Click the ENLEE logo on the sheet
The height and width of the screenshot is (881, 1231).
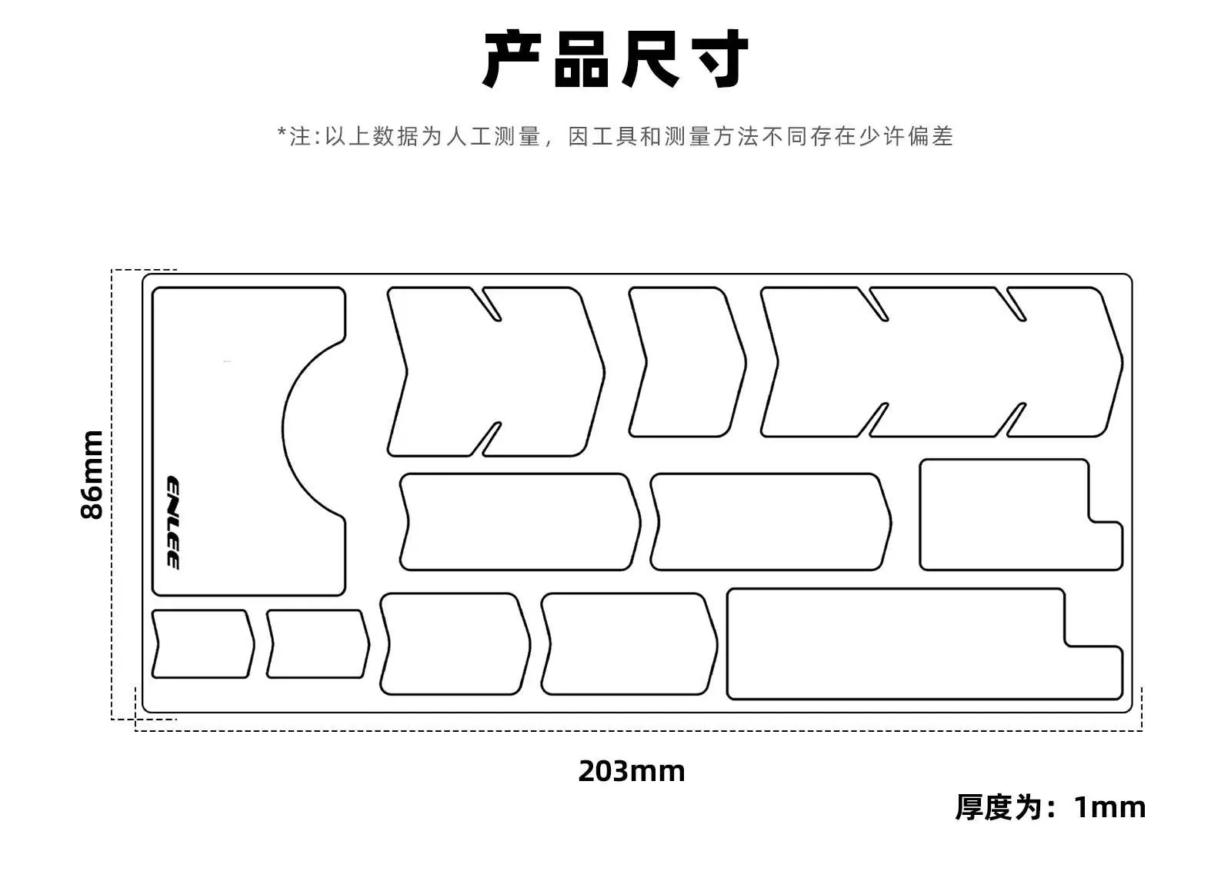173,523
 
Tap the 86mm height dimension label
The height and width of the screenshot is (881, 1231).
92,475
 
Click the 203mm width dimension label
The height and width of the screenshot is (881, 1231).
632,771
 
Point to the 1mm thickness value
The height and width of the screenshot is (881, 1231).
1110,807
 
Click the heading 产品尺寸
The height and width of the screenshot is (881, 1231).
615,58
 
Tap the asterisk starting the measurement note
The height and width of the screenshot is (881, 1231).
282,132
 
